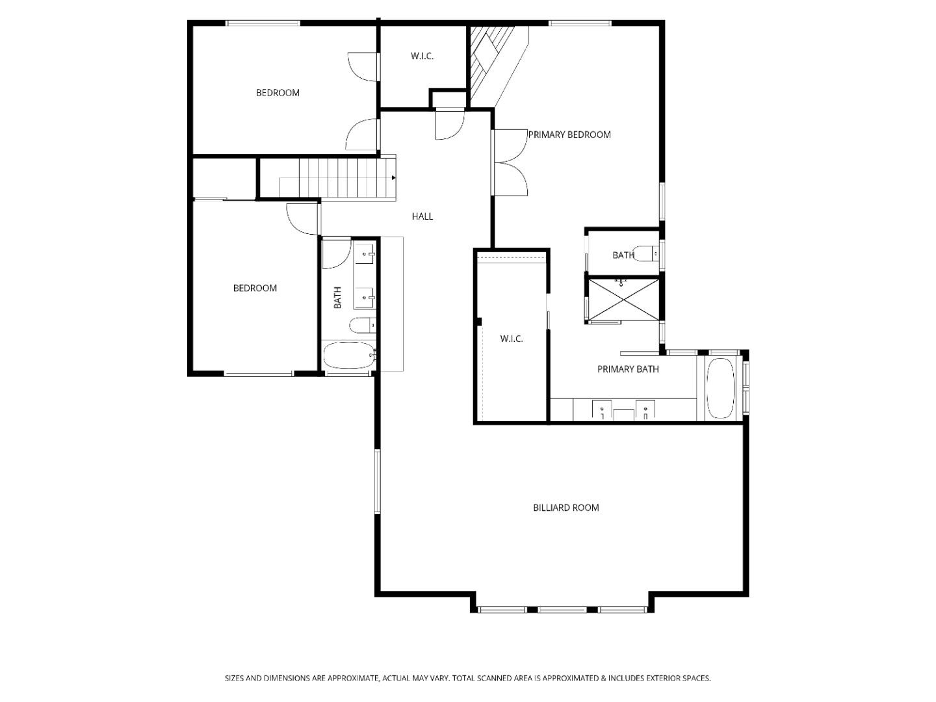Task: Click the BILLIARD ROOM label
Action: (565, 508)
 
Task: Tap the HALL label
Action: (422, 216)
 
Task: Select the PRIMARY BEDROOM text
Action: (569, 135)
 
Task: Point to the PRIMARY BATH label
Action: (628, 369)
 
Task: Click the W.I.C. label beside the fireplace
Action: (422, 56)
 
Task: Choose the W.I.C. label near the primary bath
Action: (512, 339)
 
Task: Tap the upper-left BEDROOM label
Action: (278, 93)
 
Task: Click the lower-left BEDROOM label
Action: (255, 288)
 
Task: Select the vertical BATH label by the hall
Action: (337, 298)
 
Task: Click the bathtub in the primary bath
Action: (720, 388)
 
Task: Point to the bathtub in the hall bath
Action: (349, 356)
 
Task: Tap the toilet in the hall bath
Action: (363, 326)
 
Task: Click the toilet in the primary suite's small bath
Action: (646, 253)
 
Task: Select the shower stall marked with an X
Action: (623, 299)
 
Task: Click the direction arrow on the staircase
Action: (394, 177)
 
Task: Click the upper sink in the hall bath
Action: (365, 255)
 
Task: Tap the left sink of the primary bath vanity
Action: (602, 410)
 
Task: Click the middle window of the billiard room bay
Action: (562, 610)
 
